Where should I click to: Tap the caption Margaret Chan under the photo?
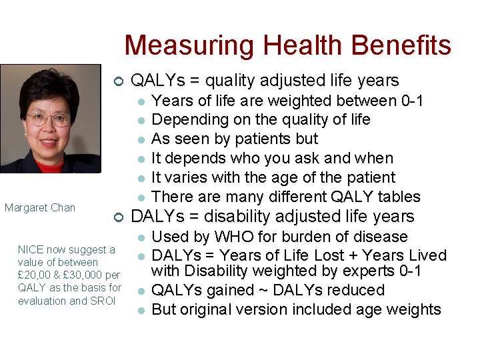[40, 207]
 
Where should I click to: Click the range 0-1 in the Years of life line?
[411, 101]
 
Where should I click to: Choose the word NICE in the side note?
[31, 249]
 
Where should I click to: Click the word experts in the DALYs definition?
[363, 271]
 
